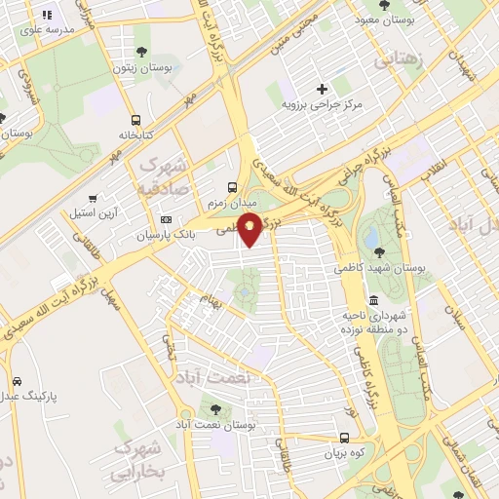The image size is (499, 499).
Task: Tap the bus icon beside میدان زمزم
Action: tap(231, 187)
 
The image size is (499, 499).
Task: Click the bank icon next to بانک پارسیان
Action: tap(166, 219)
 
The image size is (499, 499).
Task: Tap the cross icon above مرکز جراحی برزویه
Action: tap(322, 89)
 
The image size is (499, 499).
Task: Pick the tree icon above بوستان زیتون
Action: tap(143, 51)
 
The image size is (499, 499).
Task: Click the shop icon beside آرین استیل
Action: tap(93, 197)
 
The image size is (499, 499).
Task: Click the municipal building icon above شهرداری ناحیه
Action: tap(374, 299)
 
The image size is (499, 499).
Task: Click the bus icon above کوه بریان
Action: tap(344, 438)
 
